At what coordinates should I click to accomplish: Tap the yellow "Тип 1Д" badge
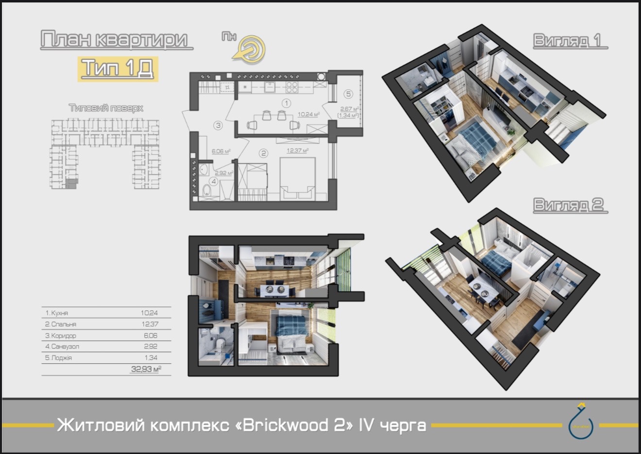point(117,68)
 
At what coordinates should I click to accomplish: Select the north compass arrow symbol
point(251,49)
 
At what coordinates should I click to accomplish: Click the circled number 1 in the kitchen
point(287,103)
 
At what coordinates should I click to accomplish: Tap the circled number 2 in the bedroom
point(263,153)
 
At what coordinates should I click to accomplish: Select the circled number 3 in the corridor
point(218,125)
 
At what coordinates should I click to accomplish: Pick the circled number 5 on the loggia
point(348,94)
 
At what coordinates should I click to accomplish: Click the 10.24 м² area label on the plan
point(308,115)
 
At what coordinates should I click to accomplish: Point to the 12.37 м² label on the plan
point(297,151)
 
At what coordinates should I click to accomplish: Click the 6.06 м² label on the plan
point(220,151)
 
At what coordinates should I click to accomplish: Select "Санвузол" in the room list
point(65,347)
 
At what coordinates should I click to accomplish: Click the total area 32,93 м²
point(146,370)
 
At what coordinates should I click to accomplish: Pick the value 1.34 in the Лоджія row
point(151,358)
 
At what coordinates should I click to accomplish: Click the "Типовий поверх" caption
point(106,108)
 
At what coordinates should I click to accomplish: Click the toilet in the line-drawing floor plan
point(207,190)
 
